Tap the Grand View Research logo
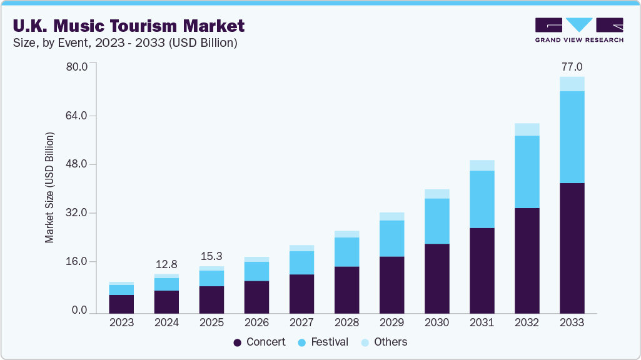(x=579, y=30)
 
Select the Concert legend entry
(x=260, y=342)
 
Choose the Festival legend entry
(x=323, y=342)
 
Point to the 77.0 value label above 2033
(x=572, y=67)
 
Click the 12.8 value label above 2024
(x=166, y=264)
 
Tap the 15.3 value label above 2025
(x=211, y=256)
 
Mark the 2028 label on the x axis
(x=346, y=323)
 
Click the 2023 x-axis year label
(x=121, y=323)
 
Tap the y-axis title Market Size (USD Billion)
(x=49, y=187)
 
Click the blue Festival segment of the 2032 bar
(x=527, y=172)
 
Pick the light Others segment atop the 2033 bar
(x=572, y=84)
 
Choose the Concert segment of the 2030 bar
(x=437, y=278)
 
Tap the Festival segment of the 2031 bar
(x=482, y=199)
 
